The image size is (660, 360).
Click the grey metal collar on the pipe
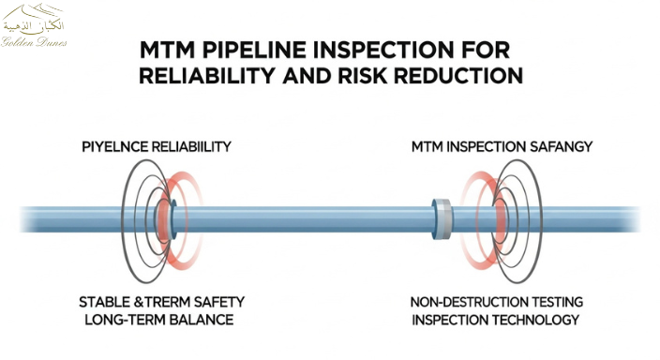tap(442, 217)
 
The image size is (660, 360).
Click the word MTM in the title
tap(167, 47)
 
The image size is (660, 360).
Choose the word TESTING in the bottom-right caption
tap(559, 302)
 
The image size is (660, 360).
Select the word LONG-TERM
tap(119, 320)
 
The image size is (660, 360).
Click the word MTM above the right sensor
tap(428, 147)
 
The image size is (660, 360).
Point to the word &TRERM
tap(163, 302)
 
